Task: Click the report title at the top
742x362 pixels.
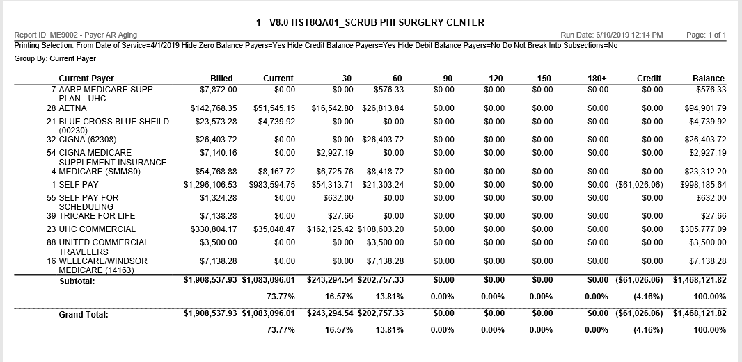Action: point(370,22)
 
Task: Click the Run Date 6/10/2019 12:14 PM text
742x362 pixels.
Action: point(611,35)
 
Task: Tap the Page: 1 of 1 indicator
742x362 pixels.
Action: point(706,35)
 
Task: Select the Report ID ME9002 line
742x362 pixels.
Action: point(75,35)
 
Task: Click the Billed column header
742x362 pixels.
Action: point(221,79)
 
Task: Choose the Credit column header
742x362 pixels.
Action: point(649,79)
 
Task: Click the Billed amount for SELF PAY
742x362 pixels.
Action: point(210,185)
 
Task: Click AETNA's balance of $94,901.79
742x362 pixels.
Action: point(705,109)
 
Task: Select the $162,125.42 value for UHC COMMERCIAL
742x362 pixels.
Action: point(330,229)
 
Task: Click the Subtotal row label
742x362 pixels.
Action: point(77,282)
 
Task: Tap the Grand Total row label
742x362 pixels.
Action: point(84,315)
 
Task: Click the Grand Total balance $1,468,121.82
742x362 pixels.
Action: point(699,314)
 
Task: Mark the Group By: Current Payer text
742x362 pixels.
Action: point(50,59)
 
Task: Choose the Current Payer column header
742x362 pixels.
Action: point(86,79)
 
